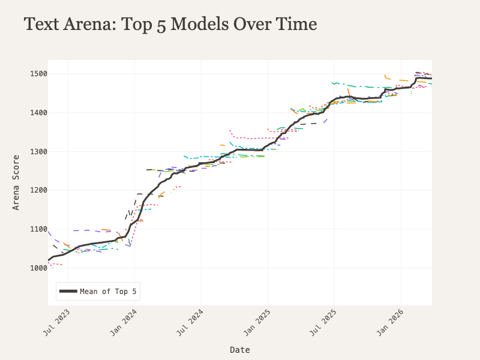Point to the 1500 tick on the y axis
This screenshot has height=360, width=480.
coord(38,74)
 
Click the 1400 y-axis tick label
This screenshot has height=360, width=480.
coord(38,113)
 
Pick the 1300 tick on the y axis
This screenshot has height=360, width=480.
coord(38,152)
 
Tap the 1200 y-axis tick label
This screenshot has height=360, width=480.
coord(38,190)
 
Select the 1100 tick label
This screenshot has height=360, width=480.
coord(38,229)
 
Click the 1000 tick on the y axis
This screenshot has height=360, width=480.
coord(38,268)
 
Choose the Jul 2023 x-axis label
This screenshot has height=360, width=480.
coord(56,322)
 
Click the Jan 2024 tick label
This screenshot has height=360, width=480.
coord(124,322)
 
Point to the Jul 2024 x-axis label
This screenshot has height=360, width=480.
coord(190,322)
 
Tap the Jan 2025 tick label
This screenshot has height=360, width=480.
coord(257,322)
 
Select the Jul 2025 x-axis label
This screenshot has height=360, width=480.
coord(323,322)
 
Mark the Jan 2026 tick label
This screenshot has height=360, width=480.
coord(391,322)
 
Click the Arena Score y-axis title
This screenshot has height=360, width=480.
coord(16,182)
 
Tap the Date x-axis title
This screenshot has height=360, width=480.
coord(240,350)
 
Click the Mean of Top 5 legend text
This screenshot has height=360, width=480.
coord(108,292)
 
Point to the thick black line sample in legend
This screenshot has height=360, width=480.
coord(68,291)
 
